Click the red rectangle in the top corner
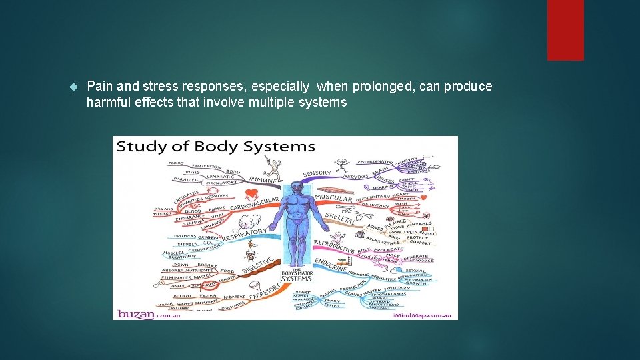tap(565, 29)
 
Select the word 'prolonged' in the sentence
tap(376, 87)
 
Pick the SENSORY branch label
tap(317, 173)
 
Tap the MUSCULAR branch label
tap(333, 199)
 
